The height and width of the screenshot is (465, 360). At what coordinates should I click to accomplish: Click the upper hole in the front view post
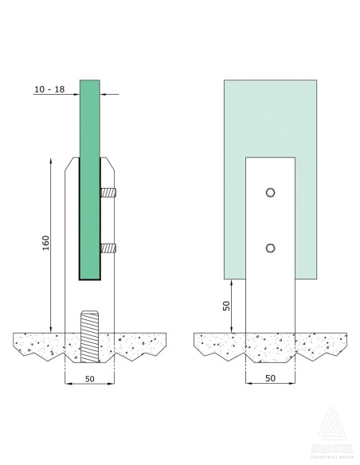pyautogui.click(x=271, y=193)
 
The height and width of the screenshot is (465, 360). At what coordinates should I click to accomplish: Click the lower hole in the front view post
pyautogui.click(x=271, y=247)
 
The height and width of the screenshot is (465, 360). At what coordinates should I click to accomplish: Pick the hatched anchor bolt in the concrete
pyautogui.click(x=89, y=338)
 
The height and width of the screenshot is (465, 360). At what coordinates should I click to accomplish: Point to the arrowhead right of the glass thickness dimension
pyautogui.click(x=105, y=94)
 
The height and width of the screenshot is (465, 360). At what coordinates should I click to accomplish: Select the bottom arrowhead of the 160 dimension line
pyautogui.click(x=51, y=327)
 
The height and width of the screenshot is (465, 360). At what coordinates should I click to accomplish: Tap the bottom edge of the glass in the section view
pyautogui.click(x=90, y=280)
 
